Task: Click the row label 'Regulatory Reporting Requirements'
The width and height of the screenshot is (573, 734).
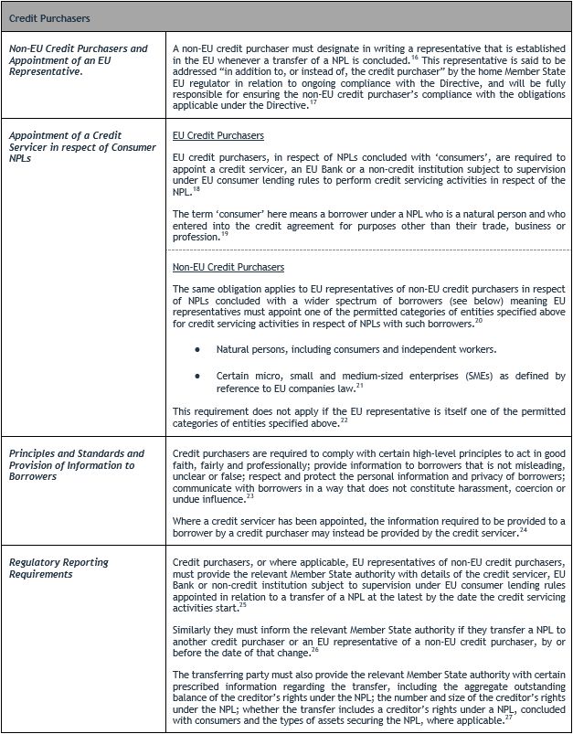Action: point(58,568)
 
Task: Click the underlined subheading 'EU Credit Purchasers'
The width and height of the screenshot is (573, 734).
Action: point(218,135)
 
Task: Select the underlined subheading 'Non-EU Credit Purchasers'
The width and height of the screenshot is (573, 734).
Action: point(228,267)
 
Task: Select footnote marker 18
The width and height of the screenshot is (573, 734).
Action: point(197,188)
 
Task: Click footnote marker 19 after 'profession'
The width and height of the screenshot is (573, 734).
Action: point(225,233)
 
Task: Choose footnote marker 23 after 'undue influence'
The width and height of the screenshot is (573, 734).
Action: point(251,496)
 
